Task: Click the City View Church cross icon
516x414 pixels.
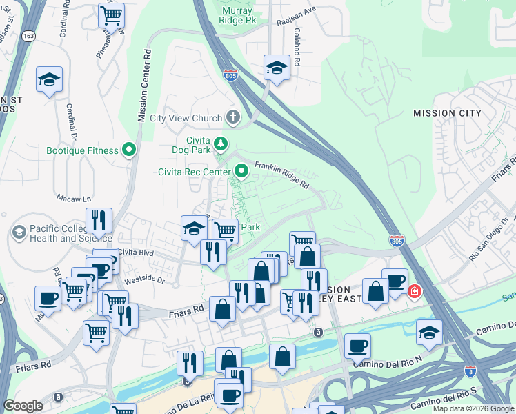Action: coord(233,117)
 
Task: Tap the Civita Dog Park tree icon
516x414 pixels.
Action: coord(221,144)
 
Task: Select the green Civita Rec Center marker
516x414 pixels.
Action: coord(241,170)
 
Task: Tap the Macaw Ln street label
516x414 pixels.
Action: coord(70,197)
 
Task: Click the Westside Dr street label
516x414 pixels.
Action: coord(145,280)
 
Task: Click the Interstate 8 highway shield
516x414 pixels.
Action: coord(470,371)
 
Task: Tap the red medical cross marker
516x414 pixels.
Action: coord(415,291)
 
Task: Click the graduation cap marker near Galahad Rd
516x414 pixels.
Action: coord(277,68)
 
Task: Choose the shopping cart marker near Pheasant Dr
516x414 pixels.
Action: coord(111,14)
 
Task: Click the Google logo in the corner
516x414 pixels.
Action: coord(23,406)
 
